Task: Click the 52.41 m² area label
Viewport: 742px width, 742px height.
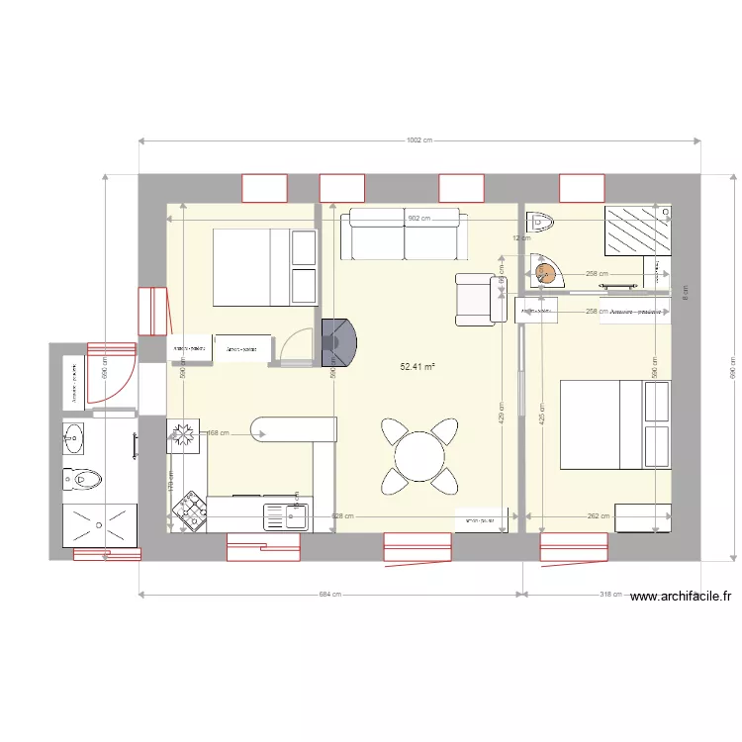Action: tap(417, 367)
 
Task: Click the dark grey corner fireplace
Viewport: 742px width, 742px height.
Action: tap(339, 342)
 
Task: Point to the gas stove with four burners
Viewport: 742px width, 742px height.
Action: tap(188, 512)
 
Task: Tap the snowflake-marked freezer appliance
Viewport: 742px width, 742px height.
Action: tap(183, 433)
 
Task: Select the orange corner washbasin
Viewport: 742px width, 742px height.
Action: tap(544, 271)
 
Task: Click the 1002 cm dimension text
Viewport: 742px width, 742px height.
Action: tap(419, 140)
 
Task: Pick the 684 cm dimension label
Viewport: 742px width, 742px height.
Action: tap(329, 595)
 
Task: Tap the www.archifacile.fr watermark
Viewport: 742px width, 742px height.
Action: tap(680, 596)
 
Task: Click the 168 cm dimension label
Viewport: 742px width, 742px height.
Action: tap(218, 432)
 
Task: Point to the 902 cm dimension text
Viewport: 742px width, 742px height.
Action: tap(419, 219)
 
